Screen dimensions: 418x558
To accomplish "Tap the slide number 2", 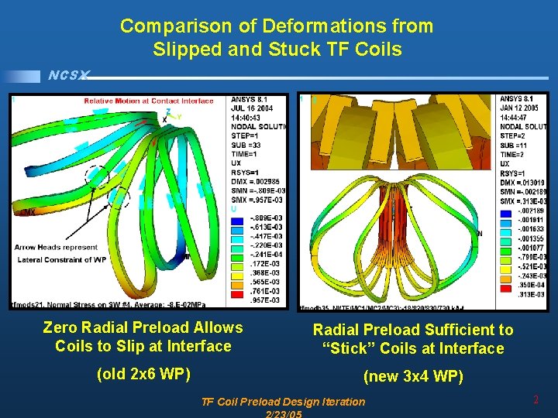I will pyautogui.click(x=536, y=400).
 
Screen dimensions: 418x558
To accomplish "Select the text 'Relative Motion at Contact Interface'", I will pyautogui.click(x=149, y=101).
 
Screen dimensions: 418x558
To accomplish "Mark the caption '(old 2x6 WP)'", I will pyautogui.click(x=143, y=375).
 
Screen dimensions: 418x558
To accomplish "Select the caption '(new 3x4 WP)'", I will pyautogui.click(x=413, y=377).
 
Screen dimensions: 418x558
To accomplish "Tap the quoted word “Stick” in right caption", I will pyautogui.click(x=348, y=349).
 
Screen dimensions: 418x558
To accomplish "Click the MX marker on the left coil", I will pyautogui.click(x=28, y=211).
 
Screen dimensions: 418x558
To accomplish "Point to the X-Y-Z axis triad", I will pyautogui.click(x=168, y=117).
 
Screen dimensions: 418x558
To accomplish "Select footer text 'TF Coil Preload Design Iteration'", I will pyautogui.click(x=282, y=401).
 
